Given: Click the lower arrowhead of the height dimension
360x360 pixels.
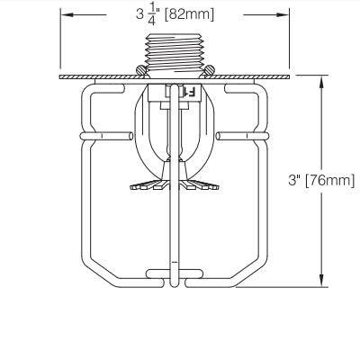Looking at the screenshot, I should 321,283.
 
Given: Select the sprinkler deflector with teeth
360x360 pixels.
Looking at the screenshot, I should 176,187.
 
